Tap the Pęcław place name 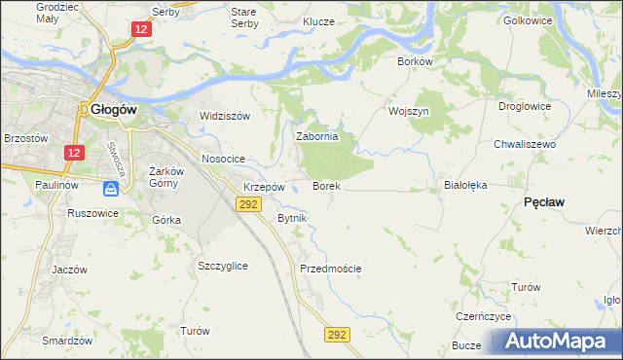coord(545,200)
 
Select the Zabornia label coord(316,137)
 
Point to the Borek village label coord(325,185)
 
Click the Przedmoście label coord(331,269)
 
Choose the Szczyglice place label coord(222,266)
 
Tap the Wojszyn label coord(409,111)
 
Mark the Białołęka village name coord(464,184)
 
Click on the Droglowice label coord(525,106)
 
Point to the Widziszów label coord(225,116)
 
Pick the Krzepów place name coord(264,187)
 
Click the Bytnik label coord(292,218)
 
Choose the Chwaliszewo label coord(524,143)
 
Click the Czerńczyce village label coord(484,317)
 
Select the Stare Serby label coord(242,17)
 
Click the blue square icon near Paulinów coord(114,187)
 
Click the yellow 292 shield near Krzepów coord(247,203)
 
